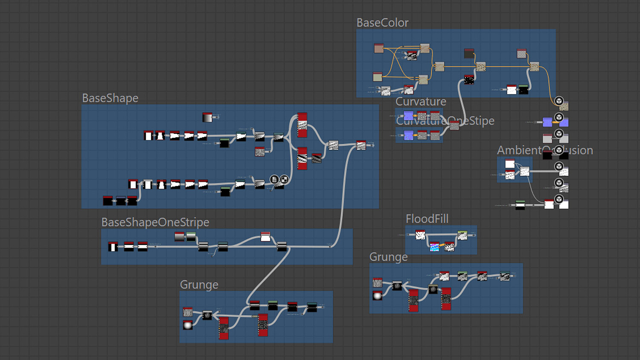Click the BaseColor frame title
382,23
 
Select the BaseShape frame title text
110,98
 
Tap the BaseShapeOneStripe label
155,222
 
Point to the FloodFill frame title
427,219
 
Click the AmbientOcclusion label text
545,150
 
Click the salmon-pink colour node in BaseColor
379,48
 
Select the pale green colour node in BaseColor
378,77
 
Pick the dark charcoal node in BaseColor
469,53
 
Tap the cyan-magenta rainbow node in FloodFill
434,247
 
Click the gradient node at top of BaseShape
207,117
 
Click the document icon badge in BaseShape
274,179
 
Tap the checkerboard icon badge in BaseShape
284,179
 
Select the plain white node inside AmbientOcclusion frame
510,163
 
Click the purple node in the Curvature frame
408,116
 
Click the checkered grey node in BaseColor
521,53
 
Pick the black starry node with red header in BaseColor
469,80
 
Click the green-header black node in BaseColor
524,90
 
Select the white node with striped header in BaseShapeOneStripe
265,237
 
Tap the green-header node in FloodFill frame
462,235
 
